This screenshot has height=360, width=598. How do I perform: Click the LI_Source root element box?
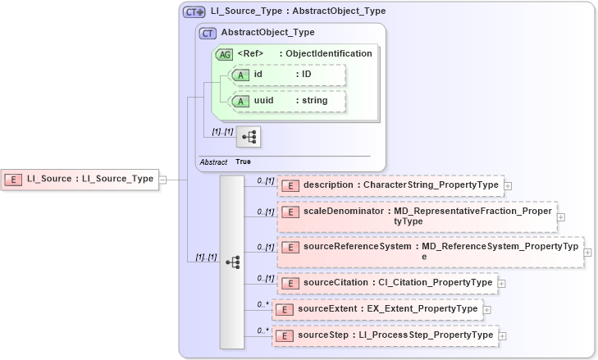pyautogui.click(x=80, y=179)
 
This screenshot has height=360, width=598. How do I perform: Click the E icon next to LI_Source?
pyautogui.click(x=14, y=179)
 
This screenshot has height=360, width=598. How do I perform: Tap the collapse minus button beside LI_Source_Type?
pyautogui.click(x=162, y=179)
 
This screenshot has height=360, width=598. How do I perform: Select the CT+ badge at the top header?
pyautogui.click(x=194, y=12)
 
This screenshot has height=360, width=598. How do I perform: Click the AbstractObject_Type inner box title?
pyautogui.click(x=256, y=33)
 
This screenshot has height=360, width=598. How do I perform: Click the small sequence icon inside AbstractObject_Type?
pyautogui.click(x=248, y=137)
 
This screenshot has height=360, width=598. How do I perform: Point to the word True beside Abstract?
pyautogui.click(x=244, y=162)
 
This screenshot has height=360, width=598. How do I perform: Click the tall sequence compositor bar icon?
pyautogui.click(x=232, y=262)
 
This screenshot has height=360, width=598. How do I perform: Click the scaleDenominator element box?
pyautogui.click(x=417, y=216)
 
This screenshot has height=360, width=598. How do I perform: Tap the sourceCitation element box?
pyautogui.click(x=387, y=283)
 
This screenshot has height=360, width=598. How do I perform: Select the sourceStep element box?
pyautogui.click(x=386, y=335)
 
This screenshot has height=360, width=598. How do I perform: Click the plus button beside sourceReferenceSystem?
pyautogui.click(x=588, y=252)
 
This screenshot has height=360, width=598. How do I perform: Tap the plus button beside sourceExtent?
pyautogui.click(x=486, y=310)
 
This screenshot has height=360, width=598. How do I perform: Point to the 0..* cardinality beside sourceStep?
pyautogui.click(x=263, y=330)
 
